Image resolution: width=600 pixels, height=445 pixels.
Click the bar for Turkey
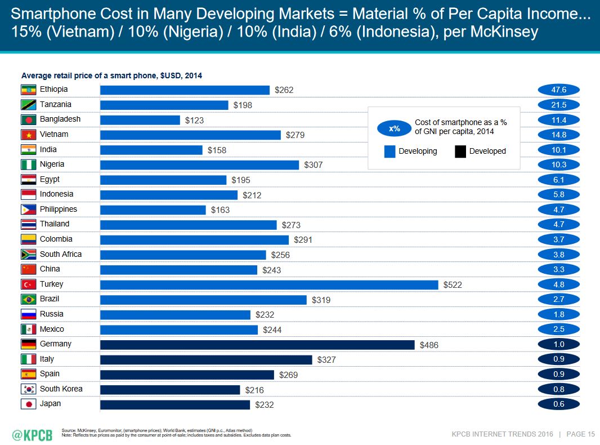click(269, 284)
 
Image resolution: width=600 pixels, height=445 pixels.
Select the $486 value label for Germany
click(429, 345)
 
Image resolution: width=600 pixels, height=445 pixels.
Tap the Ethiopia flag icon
click(28, 90)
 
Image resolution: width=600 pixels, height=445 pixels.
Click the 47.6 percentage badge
click(559, 90)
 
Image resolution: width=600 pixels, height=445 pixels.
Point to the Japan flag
click(28, 404)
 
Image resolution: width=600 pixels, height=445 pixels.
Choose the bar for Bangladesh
click(140, 120)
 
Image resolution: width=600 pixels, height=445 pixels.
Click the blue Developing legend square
click(389, 151)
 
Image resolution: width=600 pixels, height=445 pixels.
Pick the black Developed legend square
click(460, 151)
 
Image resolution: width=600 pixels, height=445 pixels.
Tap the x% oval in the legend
click(395, 128)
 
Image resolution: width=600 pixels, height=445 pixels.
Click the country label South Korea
click(61, 389)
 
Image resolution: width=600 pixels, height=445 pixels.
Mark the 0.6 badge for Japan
click(559, 404)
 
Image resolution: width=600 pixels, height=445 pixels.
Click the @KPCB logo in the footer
click(33, 434)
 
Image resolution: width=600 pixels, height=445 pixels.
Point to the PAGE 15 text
click(580, 434)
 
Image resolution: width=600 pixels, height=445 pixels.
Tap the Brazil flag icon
click(28, 299)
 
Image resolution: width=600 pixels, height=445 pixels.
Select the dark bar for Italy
click(206, 359)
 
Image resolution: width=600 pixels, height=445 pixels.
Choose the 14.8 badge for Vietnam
click(559, 135)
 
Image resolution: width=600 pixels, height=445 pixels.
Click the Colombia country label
click(56, 239)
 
